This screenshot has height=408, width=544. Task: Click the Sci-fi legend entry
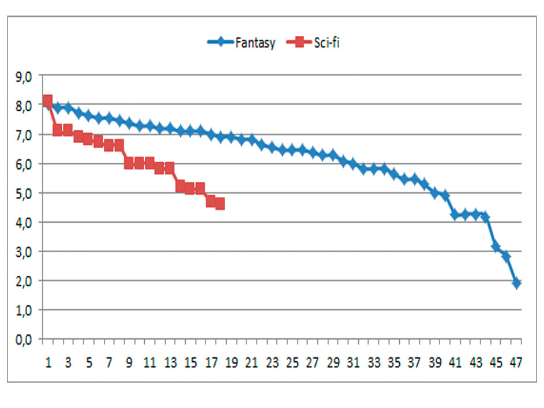coord(316,42)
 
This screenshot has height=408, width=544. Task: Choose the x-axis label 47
coord(516,363)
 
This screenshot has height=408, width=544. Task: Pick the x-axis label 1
coord(48,363)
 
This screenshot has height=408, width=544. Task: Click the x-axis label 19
coord(231,363)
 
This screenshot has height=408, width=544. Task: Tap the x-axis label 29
coord(333,363)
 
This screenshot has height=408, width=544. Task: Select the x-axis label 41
coord(455,363)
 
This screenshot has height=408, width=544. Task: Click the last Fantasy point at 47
coord(516,283)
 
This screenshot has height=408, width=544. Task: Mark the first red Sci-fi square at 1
coord(48,100)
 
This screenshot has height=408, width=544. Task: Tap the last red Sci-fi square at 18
coord(220,204)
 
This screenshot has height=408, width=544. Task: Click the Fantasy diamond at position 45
coord(496,247)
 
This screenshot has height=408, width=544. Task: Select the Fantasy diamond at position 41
coord(455,215)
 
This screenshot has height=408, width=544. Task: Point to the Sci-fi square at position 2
coord(58,130)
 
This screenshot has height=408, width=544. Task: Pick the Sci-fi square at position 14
coord(180,186)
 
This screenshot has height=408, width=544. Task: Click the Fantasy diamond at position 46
coord(506,256)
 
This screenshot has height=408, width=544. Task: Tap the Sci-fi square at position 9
coord(129,163)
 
